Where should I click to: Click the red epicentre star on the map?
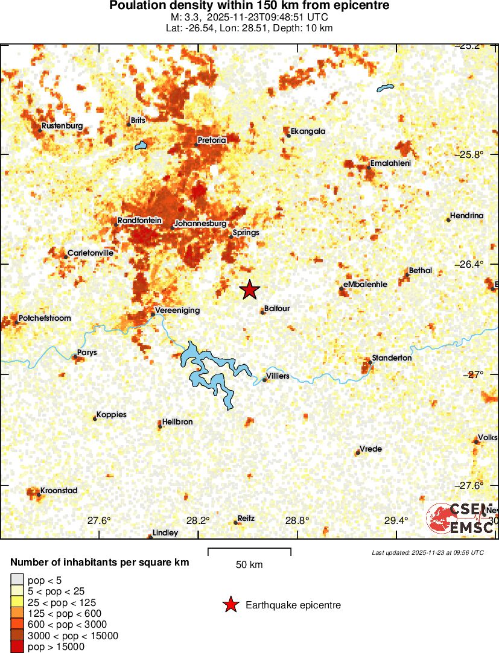(x=249, y=290)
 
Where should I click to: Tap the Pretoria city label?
(x=212, y=140)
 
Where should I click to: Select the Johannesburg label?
(x=200, y=223)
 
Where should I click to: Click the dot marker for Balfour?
(x=262, y=312)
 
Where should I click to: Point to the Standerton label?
(x=392, y=358)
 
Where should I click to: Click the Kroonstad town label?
(x=59, y=491)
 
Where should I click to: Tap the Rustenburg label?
(x=62, y=126)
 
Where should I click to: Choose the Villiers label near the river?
(x=278, y=376)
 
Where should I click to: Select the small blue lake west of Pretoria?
(x=141, y=146)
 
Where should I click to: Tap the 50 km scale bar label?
(x=249, y=565)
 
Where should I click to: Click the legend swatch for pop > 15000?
(x=17, y=646)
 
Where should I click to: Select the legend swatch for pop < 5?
(x=17, y=581)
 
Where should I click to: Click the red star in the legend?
(x=230, y=605)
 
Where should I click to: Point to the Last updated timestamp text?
(x=427, y=552)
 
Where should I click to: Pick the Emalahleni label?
(x=392, y=163)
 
